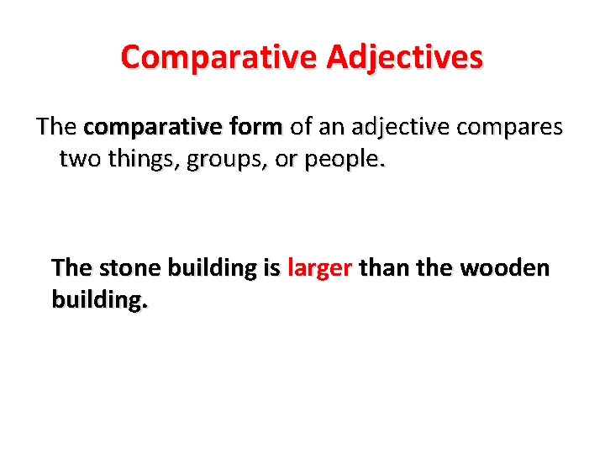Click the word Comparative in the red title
[218, 58]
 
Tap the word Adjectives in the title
[405, 58]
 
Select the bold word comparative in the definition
[140, 128]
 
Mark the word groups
[223, 160]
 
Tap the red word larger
[319, 268]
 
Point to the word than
[381, 268]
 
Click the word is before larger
[271, 268]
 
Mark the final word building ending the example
[100, 300]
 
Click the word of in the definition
[300, 128]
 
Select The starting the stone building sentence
[71, 268]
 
